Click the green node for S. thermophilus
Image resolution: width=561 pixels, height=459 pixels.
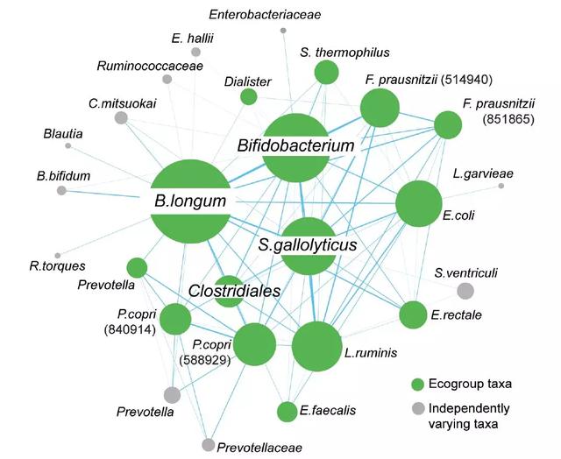tap(326, 73)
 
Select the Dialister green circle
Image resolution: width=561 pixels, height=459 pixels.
tap(249, 96)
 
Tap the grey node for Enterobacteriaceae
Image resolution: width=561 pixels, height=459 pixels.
tap(282, 31)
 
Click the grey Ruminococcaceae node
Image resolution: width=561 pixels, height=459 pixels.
tap(167, 79)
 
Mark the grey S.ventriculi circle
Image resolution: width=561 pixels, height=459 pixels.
tap(465, 291)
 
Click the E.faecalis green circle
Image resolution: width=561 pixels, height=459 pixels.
tap(287, 411)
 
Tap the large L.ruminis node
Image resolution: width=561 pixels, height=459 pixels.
tap(317, 347)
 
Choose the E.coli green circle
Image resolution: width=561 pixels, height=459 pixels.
tap(419, 204)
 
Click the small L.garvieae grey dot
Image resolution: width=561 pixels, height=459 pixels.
tap(501, 186)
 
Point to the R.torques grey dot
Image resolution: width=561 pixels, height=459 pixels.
tap(58, 254)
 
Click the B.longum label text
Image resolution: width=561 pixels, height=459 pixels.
tap(190, 201)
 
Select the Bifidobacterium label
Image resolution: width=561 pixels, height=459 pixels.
tap(295, 146)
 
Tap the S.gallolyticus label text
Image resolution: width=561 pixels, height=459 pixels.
tap(308, 245)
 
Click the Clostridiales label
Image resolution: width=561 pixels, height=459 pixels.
tap(235, 290)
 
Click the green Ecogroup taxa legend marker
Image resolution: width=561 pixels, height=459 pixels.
tap(418, 384)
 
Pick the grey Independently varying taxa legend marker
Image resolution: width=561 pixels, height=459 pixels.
tap(418, 407)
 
